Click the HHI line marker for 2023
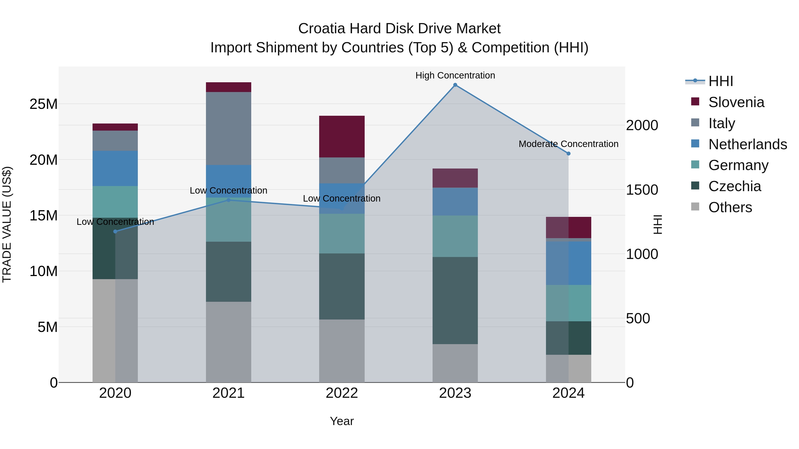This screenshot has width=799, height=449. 455,85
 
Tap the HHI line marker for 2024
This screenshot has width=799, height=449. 568,153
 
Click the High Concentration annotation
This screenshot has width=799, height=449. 455,75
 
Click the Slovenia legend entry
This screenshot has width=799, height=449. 736,102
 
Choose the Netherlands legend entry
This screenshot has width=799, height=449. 747,144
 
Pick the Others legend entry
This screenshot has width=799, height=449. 730,207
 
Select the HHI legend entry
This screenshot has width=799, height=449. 720,81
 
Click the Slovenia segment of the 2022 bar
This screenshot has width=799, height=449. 342,136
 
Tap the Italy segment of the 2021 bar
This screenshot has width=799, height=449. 229,128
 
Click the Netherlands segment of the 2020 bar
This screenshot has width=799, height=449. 115,168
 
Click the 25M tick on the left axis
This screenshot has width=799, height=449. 44,104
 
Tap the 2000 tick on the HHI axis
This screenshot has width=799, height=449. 642,125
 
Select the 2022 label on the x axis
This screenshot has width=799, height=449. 342,393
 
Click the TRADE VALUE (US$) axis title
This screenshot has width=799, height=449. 7,224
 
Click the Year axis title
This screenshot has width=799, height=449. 342,421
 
